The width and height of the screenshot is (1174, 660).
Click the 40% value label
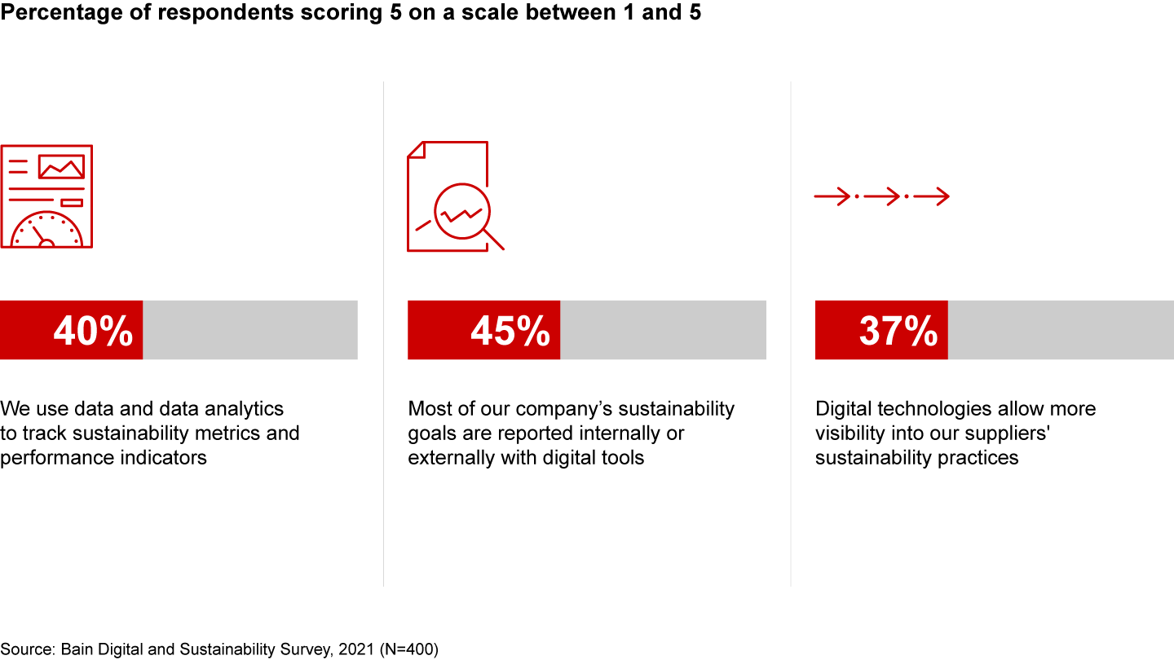coord(93,331)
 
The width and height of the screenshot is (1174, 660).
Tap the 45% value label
coord(510,331)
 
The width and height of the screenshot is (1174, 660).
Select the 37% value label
coord(898,331)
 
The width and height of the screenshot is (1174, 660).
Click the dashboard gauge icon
coord(46,196)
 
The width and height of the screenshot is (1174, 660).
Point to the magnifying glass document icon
coord(455,196)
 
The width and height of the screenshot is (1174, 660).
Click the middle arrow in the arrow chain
coord(881,196)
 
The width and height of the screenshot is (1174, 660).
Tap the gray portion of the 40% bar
coord(250,330)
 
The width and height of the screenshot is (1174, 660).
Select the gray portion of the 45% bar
coord(663,330)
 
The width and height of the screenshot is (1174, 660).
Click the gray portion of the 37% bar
coord(1060,330)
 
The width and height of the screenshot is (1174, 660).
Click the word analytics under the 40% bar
coord(244,408)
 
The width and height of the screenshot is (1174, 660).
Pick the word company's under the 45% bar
coord(570,408)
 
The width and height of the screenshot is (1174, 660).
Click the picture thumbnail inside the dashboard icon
coord(61,166)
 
